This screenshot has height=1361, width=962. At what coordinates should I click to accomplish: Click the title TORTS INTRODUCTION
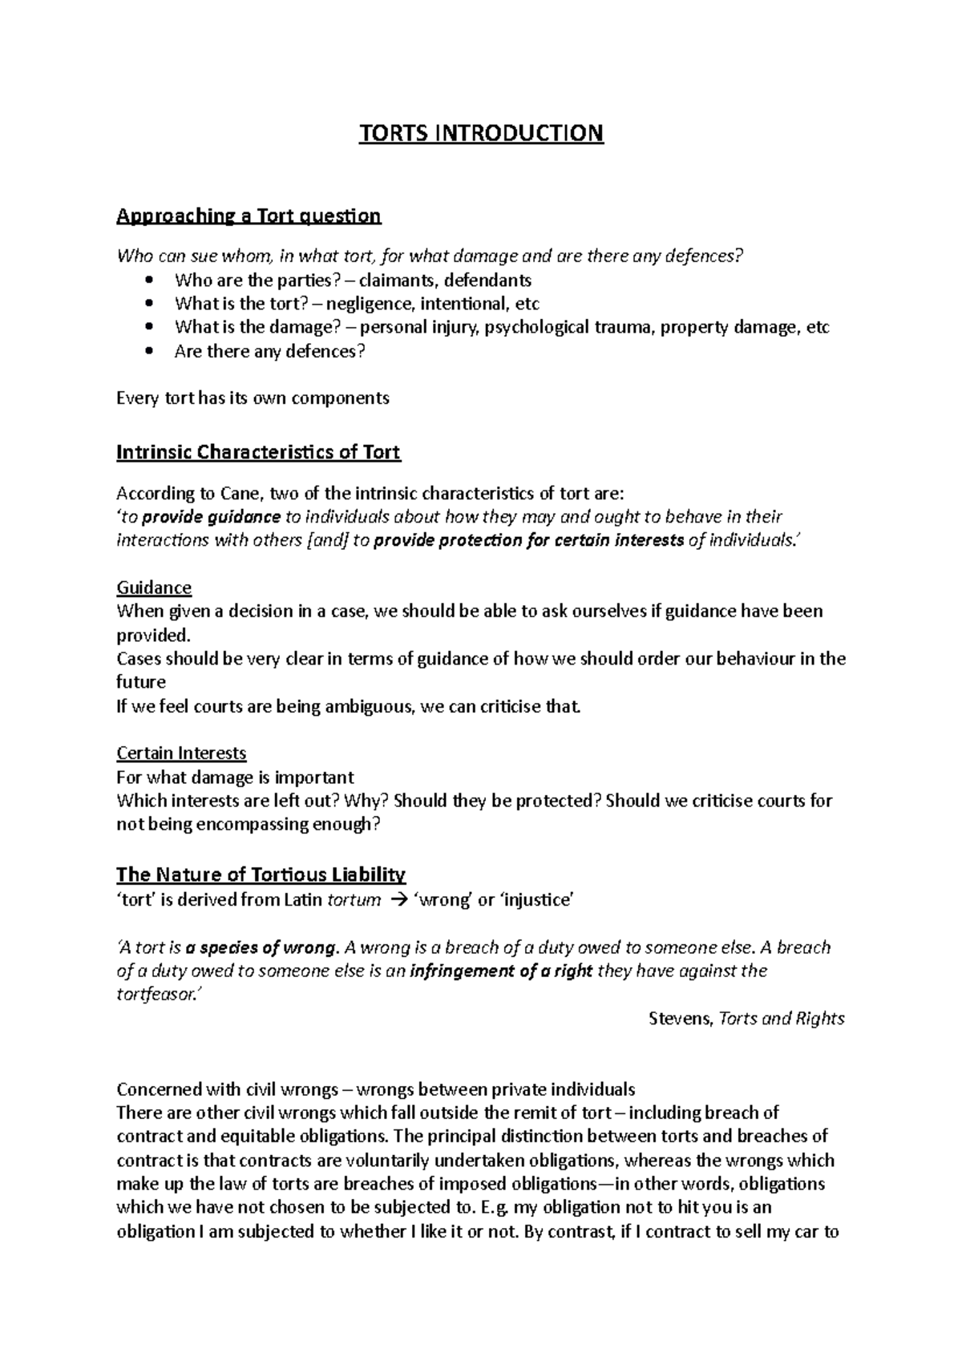[480, 132]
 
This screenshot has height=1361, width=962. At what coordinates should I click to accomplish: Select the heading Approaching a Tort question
[249, 216]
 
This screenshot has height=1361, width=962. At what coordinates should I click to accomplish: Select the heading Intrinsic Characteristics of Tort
[258, 452]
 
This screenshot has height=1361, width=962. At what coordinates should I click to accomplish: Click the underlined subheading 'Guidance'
[154, 588]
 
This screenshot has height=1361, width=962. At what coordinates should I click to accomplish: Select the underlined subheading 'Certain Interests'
[181, 753]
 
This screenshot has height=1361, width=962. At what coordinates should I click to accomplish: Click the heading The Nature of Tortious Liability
[261, 874]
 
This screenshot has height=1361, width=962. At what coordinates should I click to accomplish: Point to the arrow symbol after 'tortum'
[398, 899]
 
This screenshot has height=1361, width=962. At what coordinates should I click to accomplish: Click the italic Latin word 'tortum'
[354, 899]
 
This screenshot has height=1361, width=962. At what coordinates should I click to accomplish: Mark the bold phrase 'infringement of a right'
[501, 971]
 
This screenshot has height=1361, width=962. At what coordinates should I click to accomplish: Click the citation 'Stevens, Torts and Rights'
[746, 1019]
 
